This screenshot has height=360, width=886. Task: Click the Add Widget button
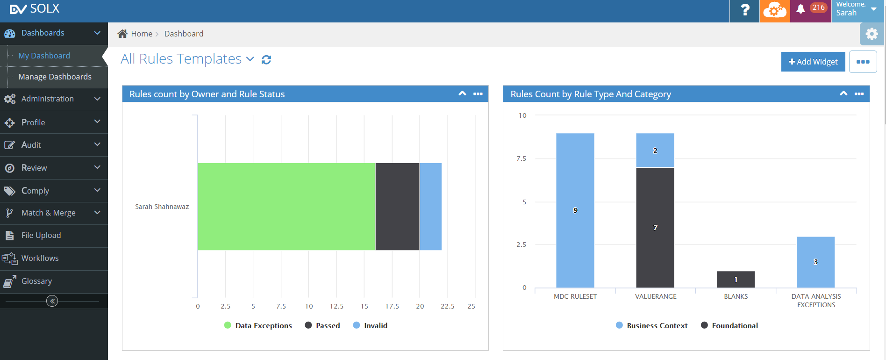pos(813,62)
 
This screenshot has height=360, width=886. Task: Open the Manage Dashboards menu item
pos(55,77)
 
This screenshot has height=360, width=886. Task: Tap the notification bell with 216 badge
pos(801,9)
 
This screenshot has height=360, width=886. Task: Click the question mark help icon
pos(745,10)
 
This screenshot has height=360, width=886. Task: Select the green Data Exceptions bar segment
pos(286,207)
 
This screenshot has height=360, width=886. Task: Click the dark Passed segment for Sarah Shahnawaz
pos(397,207)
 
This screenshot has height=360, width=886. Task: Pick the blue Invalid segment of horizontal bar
pos(430,207)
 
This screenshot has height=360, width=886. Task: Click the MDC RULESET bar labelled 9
pos(575,210)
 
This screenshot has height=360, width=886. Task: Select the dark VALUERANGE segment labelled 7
pos(655,228)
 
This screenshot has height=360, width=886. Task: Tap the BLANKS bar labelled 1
pos(735,280)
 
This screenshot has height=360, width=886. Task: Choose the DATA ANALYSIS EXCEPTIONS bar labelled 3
pos(815,262)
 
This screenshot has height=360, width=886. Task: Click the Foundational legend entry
pos(734,325)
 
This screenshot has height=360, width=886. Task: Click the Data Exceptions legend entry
pos(263,325)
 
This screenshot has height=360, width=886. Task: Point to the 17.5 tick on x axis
pos(392,306)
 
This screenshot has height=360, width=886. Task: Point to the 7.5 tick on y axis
pos(521,158)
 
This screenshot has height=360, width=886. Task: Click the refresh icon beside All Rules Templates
pos(266,60)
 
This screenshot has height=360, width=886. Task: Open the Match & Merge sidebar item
pos(48,213)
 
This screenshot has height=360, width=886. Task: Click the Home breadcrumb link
pos(141,34)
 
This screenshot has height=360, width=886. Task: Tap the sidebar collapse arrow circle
pos(52,301)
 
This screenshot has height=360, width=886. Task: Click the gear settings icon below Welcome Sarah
pos(872,34)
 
